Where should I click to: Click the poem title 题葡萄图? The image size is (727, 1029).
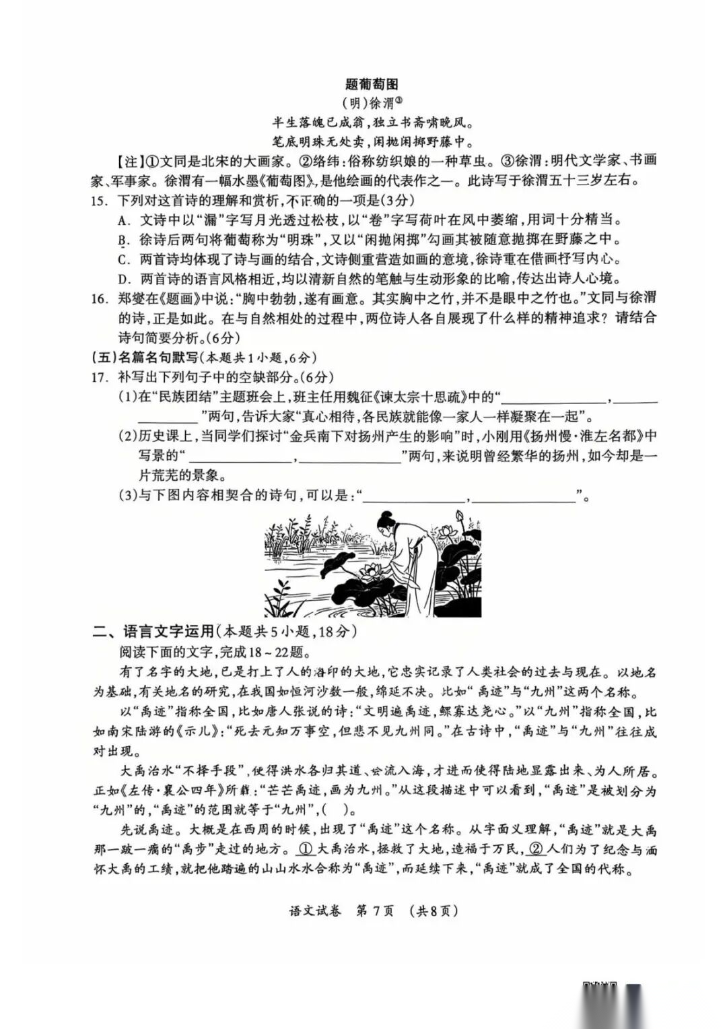click(372, 84)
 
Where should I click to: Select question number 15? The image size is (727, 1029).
click(99, 201)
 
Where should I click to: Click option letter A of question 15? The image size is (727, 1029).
click(123, 220)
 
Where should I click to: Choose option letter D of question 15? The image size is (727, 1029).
click(123, 279)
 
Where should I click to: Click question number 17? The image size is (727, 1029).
click(99, 378)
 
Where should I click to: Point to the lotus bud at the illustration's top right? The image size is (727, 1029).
click(461, 517)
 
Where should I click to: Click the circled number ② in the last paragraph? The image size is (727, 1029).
click(536, 849)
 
